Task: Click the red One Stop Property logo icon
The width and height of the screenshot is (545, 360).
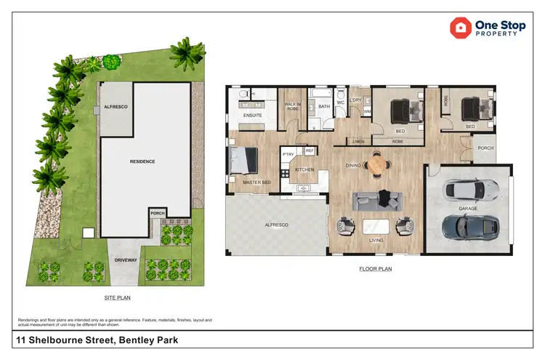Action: [x=460, y=28]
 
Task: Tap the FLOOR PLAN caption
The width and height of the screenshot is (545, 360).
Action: [x=376, y=269]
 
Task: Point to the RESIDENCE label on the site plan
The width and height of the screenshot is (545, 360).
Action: [x=142, y=161]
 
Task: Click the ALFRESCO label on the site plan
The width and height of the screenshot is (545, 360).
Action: [x=115, y=107]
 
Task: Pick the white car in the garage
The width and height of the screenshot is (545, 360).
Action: [x=471, y=190]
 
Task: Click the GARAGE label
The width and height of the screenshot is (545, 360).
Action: [x=468, y=208]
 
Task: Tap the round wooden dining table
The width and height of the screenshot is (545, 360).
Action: [x=376, y=166]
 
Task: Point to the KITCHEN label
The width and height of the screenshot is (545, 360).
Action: [x=304, y=169]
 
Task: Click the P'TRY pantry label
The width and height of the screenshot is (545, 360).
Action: [x=288, y=154]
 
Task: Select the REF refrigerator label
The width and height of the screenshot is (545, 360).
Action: [x=309, y=151]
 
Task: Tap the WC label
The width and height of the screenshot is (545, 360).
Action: [x=340, y=103]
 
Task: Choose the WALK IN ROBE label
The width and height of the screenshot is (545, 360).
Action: [x=292, y=107]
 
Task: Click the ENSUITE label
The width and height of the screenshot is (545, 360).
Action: [x=253, y=115]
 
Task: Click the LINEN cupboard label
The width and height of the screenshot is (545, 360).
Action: [x=358, y=141]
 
